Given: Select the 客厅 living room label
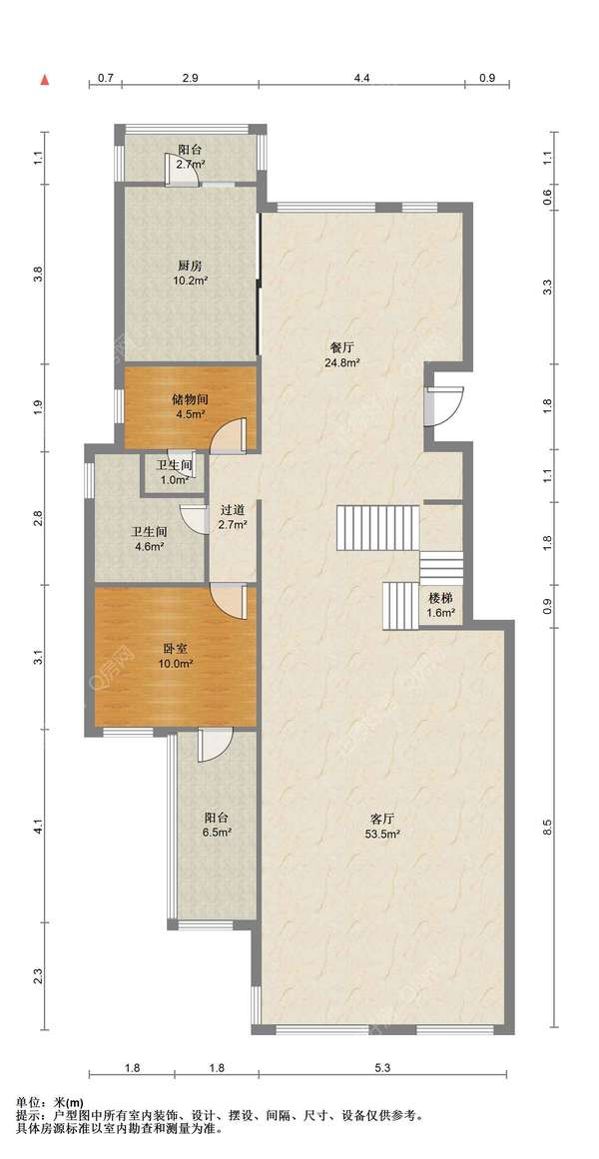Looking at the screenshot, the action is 380,819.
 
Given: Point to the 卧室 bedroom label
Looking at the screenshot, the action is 175,648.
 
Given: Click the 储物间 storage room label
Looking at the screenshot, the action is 190,399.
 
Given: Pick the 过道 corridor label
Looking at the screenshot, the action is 233,509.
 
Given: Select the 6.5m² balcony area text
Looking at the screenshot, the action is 219,833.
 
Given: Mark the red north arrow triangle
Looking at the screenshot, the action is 44,79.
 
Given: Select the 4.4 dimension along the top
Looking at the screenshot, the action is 360,78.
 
